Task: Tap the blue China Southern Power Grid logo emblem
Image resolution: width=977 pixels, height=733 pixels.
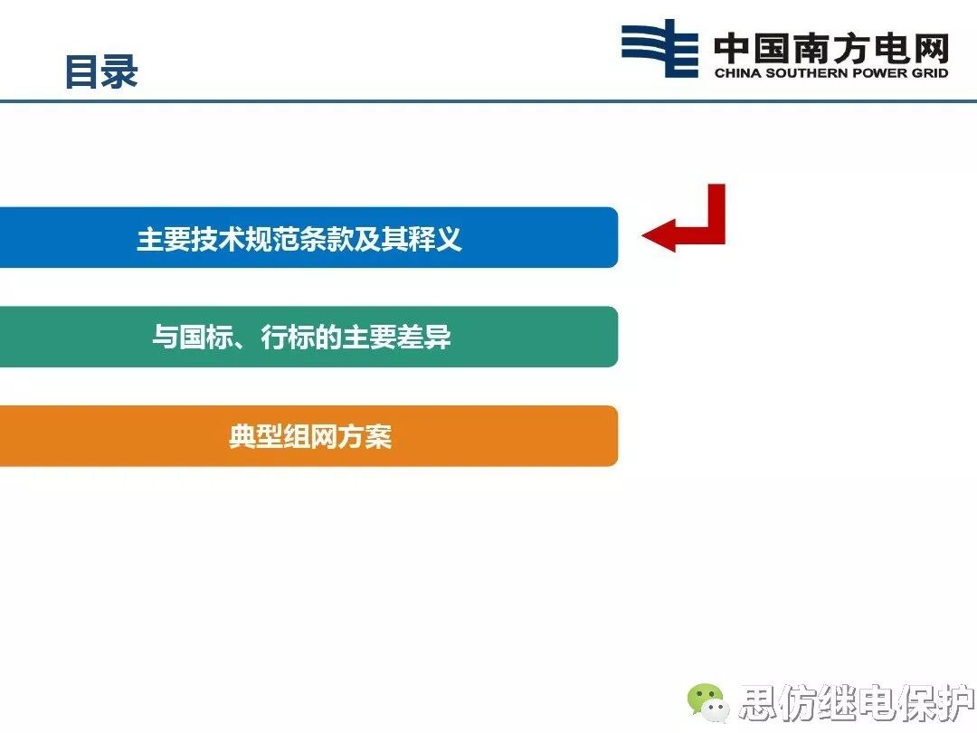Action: [x=659, y=48]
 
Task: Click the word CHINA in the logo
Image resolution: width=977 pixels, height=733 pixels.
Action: [x=735, y=73]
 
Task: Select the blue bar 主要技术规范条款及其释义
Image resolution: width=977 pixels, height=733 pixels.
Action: [x=308, y=238]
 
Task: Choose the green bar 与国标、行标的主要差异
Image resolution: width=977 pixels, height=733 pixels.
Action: [x=308, y=337]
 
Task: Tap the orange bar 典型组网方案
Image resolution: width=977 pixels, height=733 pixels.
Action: [x=308, y=436]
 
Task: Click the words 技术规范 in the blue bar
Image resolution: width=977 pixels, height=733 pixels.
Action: [x=245, y=239]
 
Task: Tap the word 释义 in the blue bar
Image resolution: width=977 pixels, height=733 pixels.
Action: [x=435, y=239]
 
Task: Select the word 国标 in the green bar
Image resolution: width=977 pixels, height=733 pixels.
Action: [x=205, y=338]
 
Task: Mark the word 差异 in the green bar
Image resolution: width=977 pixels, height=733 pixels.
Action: [x=424, y=338]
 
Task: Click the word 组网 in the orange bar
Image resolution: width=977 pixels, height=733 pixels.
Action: [x=310, y=437]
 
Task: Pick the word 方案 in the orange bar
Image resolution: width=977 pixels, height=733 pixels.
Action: [x=365, y=437]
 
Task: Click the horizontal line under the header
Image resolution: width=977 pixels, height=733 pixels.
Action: [x=488, y=100]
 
